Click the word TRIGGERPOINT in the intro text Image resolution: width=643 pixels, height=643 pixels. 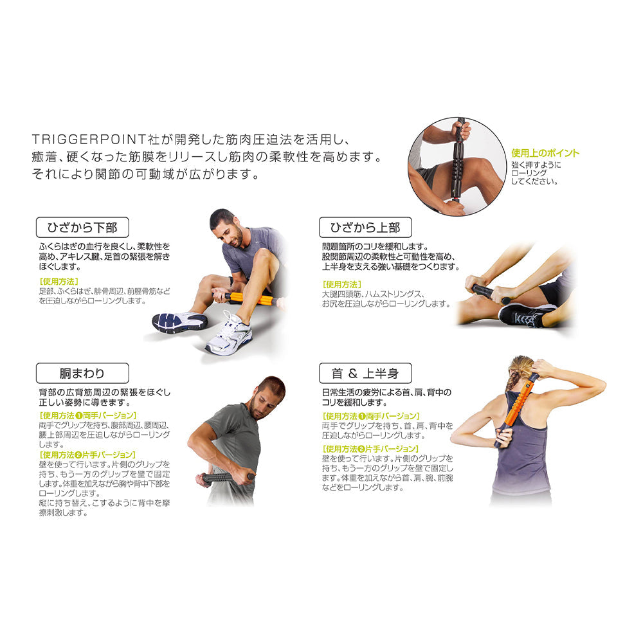(89, 140)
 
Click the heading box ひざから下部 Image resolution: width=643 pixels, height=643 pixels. (82, 227)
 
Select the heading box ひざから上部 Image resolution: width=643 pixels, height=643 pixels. (365, 227)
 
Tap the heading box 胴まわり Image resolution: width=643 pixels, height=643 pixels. (82, 373)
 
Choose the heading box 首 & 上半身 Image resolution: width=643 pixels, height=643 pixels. (365, 373)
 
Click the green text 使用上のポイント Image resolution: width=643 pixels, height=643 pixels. (545, 153)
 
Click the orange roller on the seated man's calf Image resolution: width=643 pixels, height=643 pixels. (250, 298)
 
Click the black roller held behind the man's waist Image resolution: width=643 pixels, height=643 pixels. (224, 478)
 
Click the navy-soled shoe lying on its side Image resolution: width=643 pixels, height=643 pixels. (179, 321)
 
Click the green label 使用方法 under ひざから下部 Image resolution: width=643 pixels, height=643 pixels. (59, 282)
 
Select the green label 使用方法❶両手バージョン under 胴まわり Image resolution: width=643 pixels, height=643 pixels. (87, 415)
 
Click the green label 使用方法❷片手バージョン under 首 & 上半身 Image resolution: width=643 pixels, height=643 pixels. (371, 449)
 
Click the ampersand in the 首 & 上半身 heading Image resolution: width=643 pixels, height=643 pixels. (352, 373)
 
